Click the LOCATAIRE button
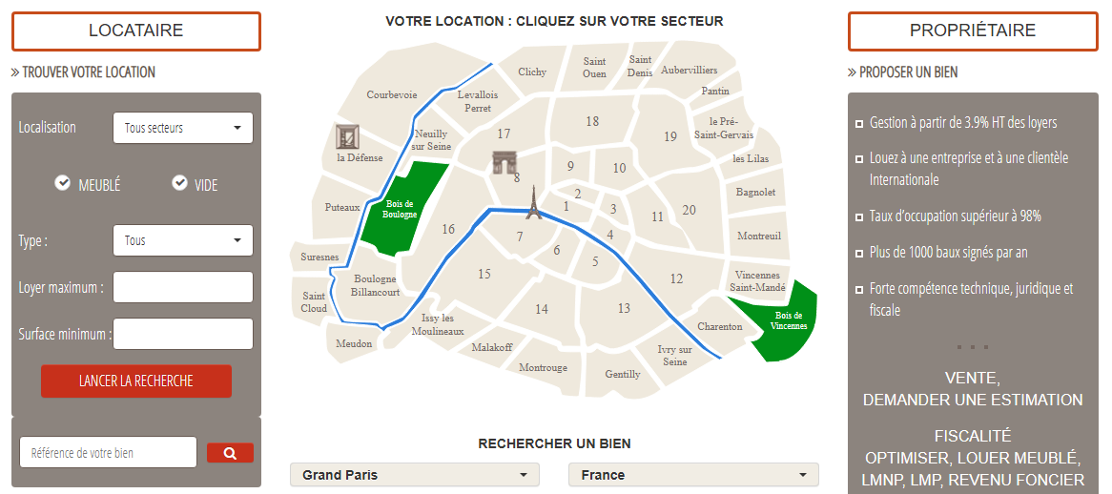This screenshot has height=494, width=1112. (135, 31)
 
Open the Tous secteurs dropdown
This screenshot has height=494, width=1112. (182, 128)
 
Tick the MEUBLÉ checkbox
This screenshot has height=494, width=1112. (63, 184)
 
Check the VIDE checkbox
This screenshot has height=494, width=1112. (179, 184)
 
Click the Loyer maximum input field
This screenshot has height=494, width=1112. (182, 287)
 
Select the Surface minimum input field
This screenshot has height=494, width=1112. (182, 334)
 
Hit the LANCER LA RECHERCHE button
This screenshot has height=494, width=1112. (135, 381)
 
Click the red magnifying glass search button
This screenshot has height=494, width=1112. (230, 453)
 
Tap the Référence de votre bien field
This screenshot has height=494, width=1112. (108, 453)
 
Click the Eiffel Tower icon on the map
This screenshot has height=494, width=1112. (532, 203)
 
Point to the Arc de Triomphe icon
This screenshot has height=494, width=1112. (504, 162)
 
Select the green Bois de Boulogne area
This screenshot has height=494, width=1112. (402, 208)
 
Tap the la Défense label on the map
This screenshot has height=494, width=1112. (360, 157)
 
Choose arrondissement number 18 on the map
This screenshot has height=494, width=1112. (592, 121)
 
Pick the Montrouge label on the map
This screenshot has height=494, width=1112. (543, 367)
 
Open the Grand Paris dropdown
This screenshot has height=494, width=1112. (414, 475)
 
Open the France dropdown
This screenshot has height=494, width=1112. (693, 475)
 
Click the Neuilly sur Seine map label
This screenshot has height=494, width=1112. (430, 139)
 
